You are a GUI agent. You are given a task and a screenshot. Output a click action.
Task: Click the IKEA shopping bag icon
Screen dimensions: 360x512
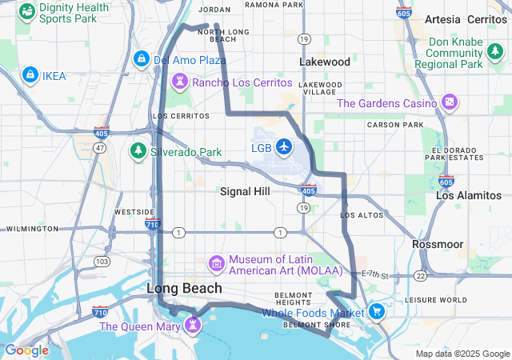(x=30, y=74)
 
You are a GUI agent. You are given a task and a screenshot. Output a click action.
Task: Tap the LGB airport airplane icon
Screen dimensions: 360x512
(x=284, y=146)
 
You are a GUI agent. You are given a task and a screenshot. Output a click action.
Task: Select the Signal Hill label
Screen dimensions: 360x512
(x=245, y=192)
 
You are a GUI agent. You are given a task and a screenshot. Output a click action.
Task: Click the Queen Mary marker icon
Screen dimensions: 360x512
(x=192, y=324)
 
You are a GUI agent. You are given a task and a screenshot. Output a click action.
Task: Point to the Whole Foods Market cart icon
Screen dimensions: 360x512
(x=375, y=311)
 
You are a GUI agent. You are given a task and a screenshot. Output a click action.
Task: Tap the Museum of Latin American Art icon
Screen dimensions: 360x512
(x=216, y=263)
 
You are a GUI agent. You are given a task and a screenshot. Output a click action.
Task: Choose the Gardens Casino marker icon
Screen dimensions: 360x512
(x=450, y=102)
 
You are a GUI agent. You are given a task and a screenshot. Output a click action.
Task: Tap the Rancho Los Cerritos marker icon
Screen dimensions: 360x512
(x=180, y=81)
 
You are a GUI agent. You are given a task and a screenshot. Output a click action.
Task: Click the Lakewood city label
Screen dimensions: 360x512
(x=325, y=62)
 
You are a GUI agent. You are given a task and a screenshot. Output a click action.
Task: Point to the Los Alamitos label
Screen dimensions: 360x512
(x=469, y=195)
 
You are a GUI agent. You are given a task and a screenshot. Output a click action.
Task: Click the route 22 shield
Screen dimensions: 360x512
(x=420, y=275)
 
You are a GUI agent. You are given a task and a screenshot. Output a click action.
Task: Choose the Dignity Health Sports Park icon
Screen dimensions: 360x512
(x=27, y=11)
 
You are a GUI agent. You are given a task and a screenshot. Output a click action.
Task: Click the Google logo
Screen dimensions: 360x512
(x=26, y=350)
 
